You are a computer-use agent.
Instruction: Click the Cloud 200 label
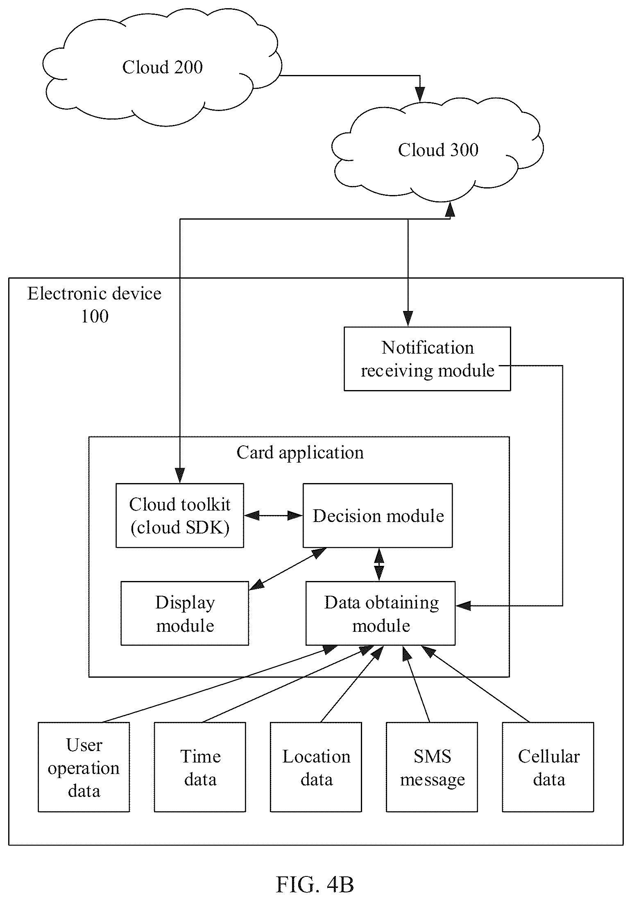tap(163, 67)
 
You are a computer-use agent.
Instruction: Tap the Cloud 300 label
tap(438, 150)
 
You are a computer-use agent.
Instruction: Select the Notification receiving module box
tap(427, 359)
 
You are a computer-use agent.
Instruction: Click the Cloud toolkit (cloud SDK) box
tap(180, 515)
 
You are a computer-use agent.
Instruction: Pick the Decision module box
tap(378, 515)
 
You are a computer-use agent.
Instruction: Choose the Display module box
tap(185, 613)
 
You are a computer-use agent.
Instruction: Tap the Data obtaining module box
tap(381, 613)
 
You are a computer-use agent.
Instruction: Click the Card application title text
tap(300, 453)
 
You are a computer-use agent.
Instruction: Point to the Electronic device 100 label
tap(95, 305)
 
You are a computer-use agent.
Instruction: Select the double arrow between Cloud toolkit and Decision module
tap(273, 515)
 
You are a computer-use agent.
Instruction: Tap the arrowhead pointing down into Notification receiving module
tap(408, 319)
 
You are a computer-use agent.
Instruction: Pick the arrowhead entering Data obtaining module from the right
tap(463, 606)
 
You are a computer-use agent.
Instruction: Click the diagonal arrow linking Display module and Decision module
tap(288, 569)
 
